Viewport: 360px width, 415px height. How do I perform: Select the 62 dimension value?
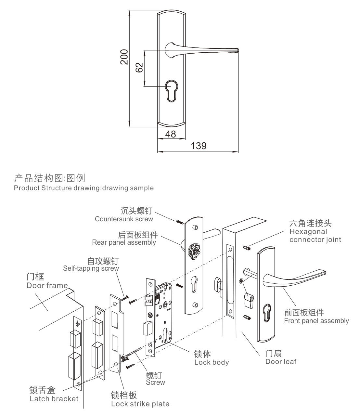click(139, 67)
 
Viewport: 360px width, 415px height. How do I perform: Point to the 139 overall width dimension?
click(198, 146)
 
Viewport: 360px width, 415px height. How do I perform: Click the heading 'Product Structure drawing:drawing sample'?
click(84, 188)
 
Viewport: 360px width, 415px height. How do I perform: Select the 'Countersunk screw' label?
click(124, 219)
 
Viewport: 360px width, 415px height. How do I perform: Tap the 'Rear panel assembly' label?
click(124, 242)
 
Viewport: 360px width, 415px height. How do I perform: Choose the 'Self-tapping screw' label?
click(91, 268)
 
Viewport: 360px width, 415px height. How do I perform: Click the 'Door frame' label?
click(47, 285)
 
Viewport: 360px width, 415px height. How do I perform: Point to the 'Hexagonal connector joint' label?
click(315, 236)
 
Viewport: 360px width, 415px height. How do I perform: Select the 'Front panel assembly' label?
click(316, 321)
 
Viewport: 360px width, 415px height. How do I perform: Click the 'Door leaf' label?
click(281, 361)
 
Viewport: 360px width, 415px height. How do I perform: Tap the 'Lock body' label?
click(212, 362)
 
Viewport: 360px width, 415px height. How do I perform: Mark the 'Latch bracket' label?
click(54, 398)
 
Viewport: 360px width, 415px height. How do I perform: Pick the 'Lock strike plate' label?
click(140, 404)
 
